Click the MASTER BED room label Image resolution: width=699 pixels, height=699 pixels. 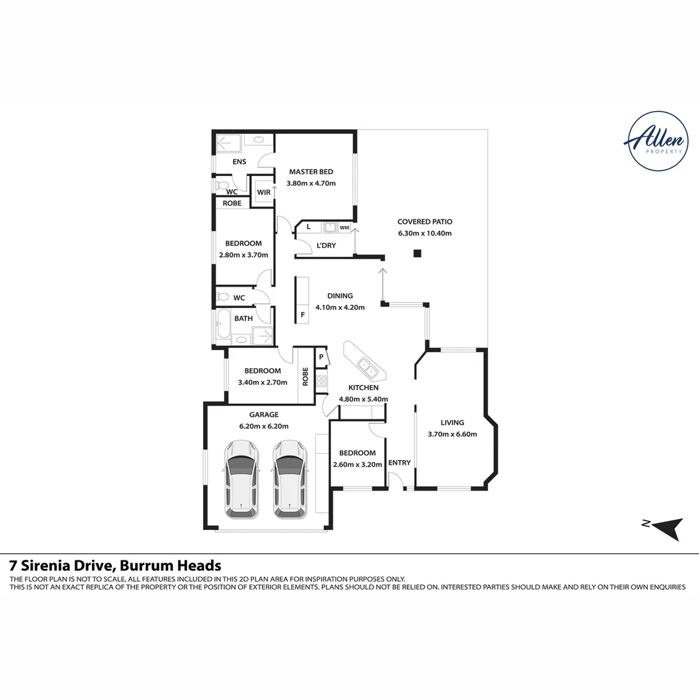coord(311,172)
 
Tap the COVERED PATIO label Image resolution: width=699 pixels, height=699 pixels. coord(425,221)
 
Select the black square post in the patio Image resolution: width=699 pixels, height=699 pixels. coord(417,254)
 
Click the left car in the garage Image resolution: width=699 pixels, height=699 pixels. coord(241,479)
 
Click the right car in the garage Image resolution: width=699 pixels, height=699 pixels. coord(290,479)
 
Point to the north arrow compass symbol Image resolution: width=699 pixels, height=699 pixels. coord(667,528)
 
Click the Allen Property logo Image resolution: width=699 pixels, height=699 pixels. coord(658,141)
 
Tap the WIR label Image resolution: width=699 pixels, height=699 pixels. coord(263,193)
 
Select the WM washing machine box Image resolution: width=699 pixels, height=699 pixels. coord(344,227)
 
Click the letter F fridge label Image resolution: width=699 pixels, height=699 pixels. coord(303,315)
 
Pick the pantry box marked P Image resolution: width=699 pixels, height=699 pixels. coord(320,357)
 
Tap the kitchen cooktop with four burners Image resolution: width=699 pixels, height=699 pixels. coord(321,381)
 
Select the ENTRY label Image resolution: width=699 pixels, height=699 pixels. coord(399,463)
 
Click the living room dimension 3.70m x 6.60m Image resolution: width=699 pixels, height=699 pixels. coord(452,434)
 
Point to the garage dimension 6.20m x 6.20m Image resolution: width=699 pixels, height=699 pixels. coord(264,426)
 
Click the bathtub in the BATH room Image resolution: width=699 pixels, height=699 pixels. coord(223,326)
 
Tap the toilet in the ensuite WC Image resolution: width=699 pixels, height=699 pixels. coord(221,185)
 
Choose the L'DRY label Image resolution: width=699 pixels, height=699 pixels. coord(326,246)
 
